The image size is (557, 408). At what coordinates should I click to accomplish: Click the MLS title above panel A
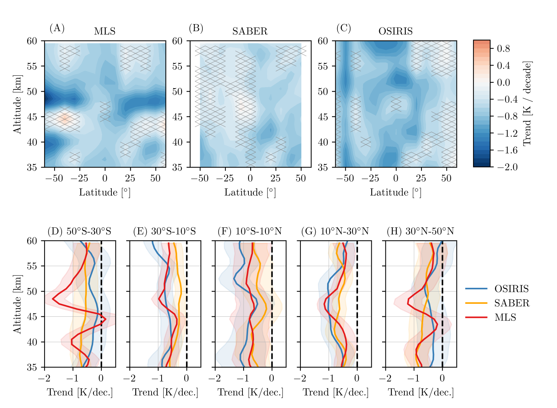[x=105, y=32]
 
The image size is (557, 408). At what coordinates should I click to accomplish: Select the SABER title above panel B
[x=250, y=32]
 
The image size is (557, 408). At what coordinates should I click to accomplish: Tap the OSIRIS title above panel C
[x=395, y=32]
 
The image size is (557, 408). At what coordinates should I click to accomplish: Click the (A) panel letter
[x=57, y=28]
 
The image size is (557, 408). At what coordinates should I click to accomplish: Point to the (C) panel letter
[x=343, y=28]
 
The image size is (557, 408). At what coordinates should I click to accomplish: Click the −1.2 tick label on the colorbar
[x=507, y=133]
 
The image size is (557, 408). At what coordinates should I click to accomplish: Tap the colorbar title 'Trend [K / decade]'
[x=527, y=103]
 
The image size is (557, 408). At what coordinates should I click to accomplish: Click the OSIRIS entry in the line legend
[x=511, y=289]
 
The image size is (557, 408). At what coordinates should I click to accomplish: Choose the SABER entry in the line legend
[x=512, y=303]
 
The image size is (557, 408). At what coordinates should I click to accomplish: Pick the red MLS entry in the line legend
[x=505, y=317]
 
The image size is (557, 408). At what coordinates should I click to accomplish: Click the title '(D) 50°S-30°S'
[x=79, y=231]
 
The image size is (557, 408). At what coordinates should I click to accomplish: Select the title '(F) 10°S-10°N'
[x=250, y=231]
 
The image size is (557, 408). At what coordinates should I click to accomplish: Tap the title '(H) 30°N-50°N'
[x=420, y=231]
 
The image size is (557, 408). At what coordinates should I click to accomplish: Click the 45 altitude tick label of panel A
[x=32, y=117]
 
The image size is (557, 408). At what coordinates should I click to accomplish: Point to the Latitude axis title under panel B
[x=250, y=193]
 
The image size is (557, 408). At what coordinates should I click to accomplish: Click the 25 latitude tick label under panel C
[x=421, y=178]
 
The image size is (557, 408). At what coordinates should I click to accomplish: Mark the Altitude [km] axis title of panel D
[x=17, y=304]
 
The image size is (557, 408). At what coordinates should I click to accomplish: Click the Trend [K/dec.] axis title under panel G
[x=336, y=392]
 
